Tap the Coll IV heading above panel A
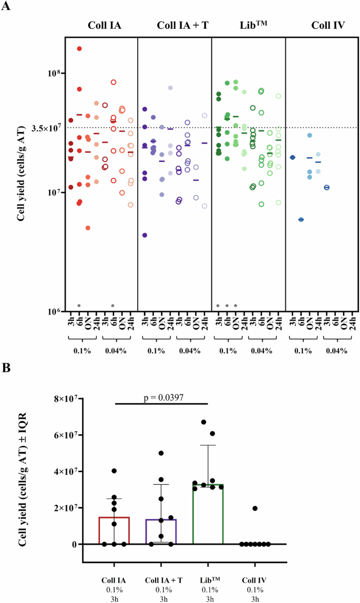(x=321, y=25)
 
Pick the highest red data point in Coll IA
(x=79, y=49)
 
